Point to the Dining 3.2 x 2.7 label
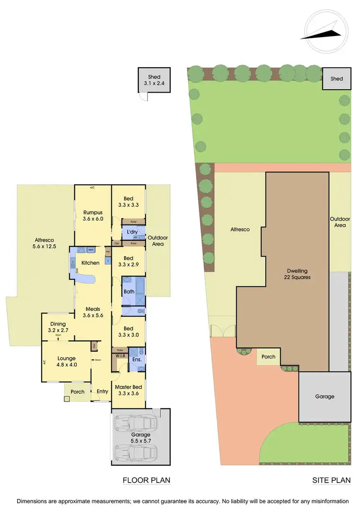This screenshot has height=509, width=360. (57, 327)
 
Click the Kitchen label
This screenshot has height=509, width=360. (90, 262)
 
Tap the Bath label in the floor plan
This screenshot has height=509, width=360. (128, 291)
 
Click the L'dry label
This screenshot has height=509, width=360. (132, 232)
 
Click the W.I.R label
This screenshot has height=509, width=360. (120, 355)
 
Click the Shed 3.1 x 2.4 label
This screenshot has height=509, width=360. (154, 80)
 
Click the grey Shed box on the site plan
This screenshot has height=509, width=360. (336, 78)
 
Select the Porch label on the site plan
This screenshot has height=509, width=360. (268, 356)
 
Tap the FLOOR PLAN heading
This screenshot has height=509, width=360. (146, 480)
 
